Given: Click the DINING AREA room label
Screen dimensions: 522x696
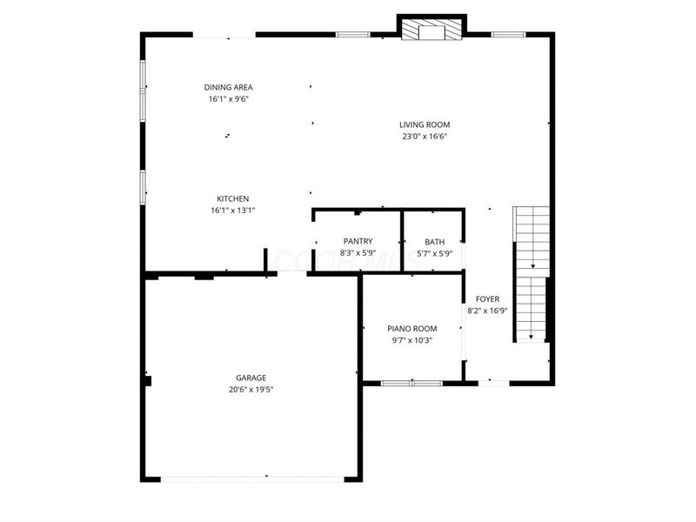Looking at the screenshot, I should [x=228, y=87].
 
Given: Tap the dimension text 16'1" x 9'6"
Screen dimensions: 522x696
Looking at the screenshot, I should [x=228, y=99].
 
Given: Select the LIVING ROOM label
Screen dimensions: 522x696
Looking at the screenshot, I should [x=425, y=124].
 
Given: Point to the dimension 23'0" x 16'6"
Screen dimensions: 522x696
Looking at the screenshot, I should [x=425, y=137].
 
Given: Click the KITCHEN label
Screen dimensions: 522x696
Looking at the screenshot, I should [x=232, y=198].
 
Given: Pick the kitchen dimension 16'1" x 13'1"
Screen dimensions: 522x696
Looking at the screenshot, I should [x=232, y=211].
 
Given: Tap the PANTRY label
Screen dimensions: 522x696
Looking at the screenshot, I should [x=358, y=242].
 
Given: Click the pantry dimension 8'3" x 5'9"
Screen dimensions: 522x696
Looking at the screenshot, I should [x=358, y=253].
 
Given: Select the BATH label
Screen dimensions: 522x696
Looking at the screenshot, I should [x=434, y=242].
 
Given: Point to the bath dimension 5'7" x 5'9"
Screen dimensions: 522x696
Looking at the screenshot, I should [x=434, y=253].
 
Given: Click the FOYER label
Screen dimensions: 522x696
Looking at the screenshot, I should [x=487, y=298].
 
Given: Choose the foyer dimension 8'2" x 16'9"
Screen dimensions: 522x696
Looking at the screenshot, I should [x=487, y=310].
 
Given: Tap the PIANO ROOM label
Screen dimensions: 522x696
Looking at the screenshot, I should [x=412, y=328].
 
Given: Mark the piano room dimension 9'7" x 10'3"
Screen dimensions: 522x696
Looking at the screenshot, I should [x=412, y=339].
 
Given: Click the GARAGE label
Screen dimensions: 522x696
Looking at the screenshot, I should [x=251, y=378].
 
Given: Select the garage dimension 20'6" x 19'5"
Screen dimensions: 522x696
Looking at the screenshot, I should [x=251, y=389].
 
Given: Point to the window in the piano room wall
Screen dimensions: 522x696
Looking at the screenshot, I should [x=412, y=382].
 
